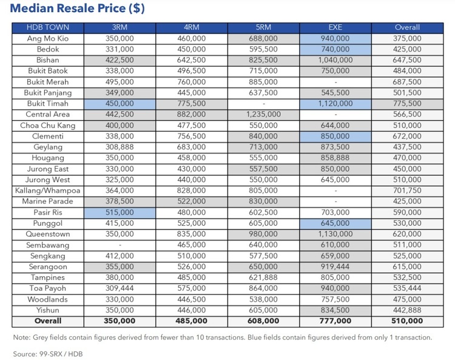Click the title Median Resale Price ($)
(77, 10)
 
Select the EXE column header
(335, 27)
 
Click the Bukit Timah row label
(48, 103)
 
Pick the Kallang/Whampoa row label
(48, 191)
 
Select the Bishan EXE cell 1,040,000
(335, 60)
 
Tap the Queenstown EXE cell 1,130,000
(335, 234)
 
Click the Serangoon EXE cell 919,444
(335, 267)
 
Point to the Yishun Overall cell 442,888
(406, 310)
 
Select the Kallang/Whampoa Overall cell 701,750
(406, 191)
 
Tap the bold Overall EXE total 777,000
(335, 321)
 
